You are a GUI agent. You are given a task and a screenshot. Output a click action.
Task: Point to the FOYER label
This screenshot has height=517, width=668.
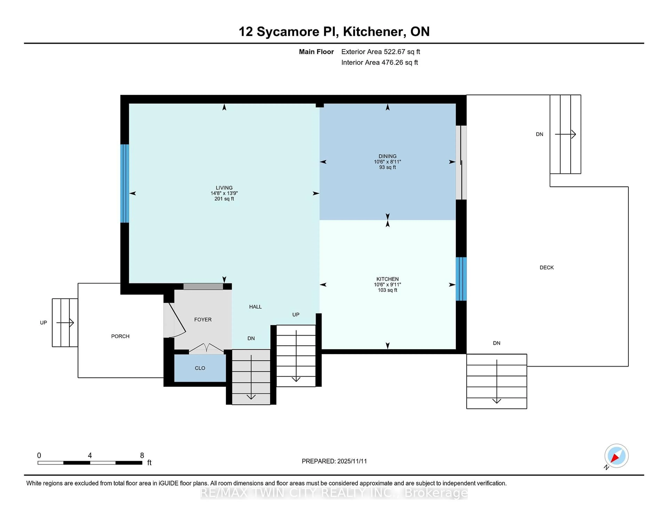[203, 319]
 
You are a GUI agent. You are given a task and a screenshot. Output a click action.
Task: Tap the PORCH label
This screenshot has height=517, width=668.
[120, 336]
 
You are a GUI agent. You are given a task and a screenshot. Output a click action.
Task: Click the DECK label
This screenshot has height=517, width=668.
[547, 267]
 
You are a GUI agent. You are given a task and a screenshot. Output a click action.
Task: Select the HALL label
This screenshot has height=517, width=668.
[255, 307]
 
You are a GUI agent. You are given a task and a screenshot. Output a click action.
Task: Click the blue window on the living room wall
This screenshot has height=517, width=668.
[125, 183]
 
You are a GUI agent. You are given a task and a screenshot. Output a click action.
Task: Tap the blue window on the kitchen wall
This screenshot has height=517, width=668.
[461, 279]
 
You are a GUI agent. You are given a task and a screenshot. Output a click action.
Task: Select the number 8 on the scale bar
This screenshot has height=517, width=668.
[142, 456]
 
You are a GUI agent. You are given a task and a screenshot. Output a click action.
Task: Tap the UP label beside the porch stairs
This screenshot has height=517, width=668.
[43, 322]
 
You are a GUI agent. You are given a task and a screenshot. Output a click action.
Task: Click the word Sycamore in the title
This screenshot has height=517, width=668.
[288, 32]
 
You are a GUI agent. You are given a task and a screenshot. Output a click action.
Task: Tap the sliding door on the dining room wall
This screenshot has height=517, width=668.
[461, 163]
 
